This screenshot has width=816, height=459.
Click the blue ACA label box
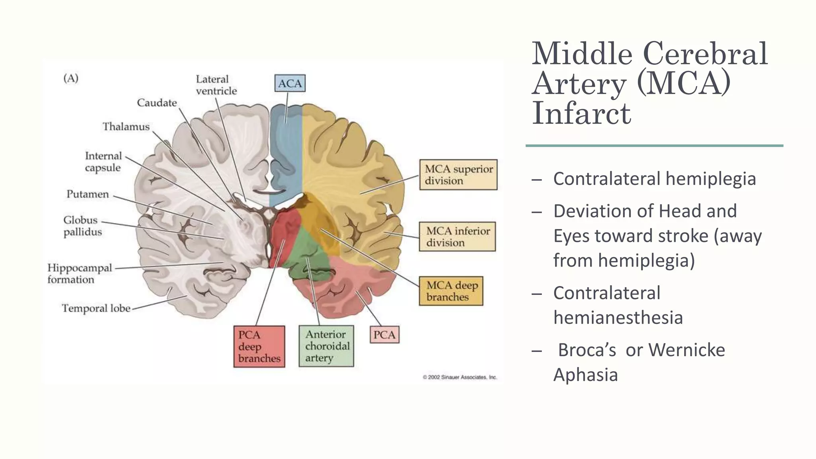pos(290,83)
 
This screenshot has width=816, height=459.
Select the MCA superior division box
pos(458,175)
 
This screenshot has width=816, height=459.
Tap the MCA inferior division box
pos(457,237)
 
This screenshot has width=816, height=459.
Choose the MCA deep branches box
pos(451,291)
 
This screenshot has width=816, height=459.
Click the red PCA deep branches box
pos(259,347)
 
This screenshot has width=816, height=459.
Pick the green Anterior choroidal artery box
pos(326,346)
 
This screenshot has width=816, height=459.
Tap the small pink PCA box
pos(384,335)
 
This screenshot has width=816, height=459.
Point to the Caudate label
pos(157,103)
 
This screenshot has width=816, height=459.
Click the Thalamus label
pos(126,127)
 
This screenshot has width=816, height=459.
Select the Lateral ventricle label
pos(216,85)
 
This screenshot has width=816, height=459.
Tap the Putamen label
pos(87,194)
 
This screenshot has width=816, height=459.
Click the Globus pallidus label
pos(82,226)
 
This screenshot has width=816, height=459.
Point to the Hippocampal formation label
pos(79,273)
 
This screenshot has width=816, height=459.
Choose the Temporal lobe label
pos(96,308)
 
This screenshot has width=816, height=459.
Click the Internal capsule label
pos(103,162)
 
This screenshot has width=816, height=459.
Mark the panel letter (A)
pos(71,78)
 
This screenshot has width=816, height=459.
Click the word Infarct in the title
pos(581,114)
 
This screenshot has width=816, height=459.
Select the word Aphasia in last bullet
pos(585,375)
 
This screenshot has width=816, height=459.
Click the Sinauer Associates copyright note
pos(460,377)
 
